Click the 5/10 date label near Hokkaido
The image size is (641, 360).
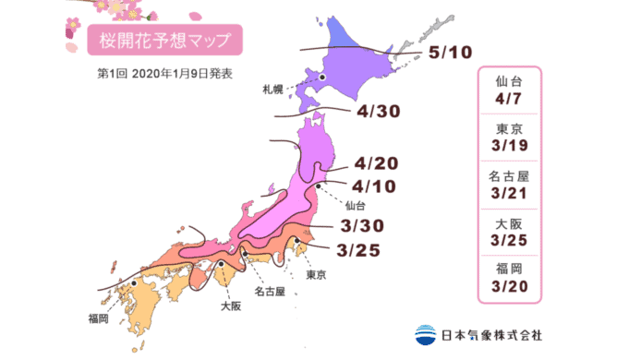point(456,54)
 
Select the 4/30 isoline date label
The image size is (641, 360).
point(377,113)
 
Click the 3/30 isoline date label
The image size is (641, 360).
point(356,224)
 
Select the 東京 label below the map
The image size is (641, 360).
point(317,275)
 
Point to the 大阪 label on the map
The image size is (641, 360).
point(231,300)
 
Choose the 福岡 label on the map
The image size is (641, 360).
point(99,318)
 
